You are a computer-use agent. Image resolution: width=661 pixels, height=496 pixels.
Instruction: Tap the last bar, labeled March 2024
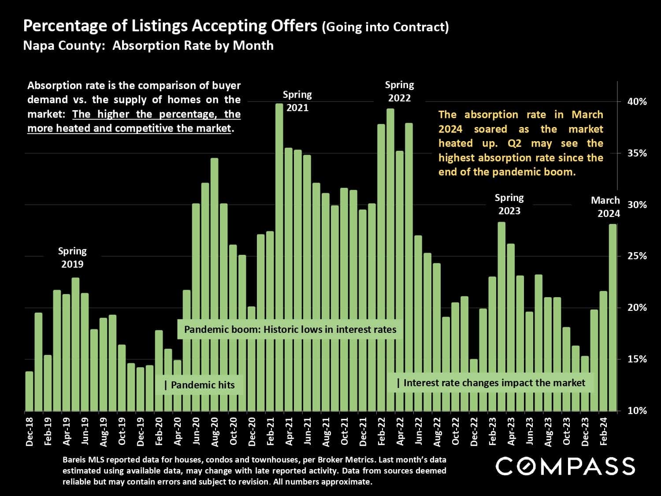(613, 317)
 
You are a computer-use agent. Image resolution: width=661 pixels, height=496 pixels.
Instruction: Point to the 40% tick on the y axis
(637, 102)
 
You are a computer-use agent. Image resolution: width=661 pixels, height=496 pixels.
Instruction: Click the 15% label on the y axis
(637, 359)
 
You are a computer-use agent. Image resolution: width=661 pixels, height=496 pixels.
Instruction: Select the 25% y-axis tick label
(637, 256)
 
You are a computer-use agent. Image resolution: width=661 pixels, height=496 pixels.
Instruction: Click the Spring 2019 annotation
(72, 257)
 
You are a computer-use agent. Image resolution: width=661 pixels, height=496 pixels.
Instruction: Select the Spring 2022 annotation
(399, 91)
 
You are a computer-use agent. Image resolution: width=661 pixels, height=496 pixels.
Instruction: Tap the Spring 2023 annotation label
(509, 204)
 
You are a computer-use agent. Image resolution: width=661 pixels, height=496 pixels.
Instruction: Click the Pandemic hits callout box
(200, 385)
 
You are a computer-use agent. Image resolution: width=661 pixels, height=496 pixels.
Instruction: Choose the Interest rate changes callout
(491, 383)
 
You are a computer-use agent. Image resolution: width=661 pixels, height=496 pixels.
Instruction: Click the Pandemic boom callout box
(290, 329)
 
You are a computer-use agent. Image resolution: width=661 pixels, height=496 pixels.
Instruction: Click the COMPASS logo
(565, 466)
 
